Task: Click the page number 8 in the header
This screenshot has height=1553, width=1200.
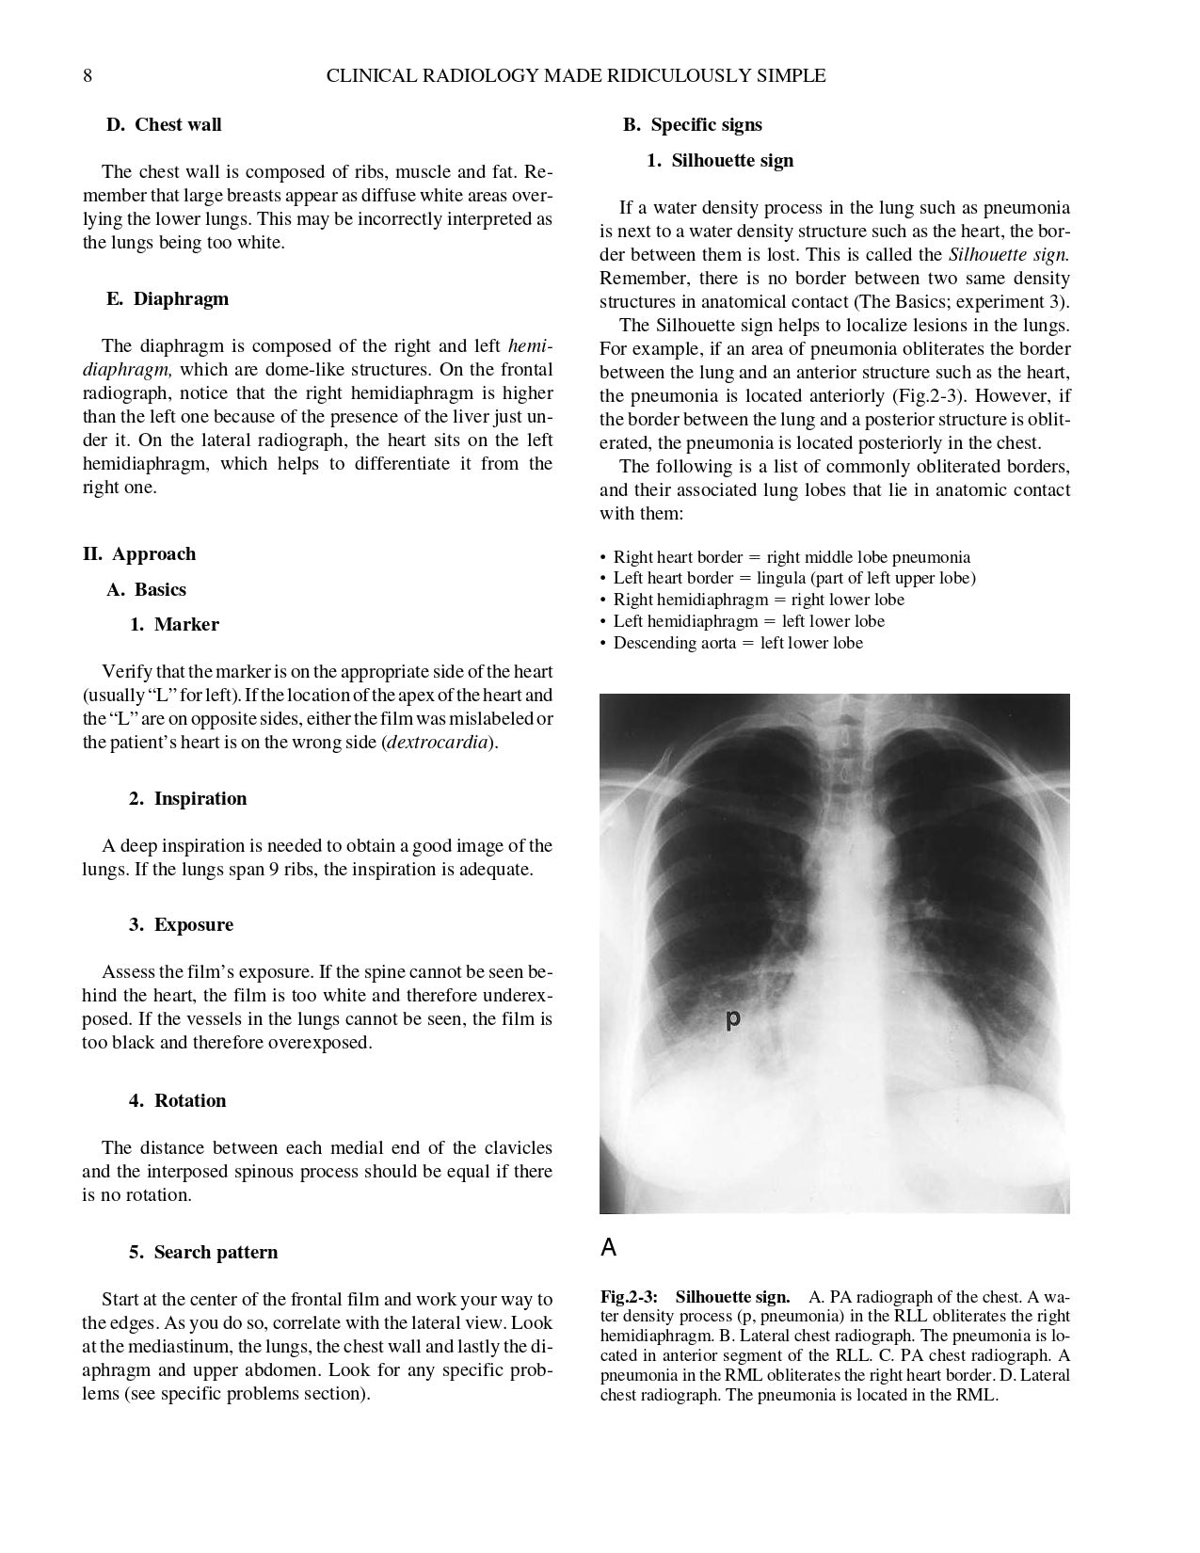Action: [x=88, y=76]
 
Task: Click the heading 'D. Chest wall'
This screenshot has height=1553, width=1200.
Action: [x=164, y=125]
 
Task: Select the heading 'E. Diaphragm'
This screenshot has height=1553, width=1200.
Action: [x=167, y=299]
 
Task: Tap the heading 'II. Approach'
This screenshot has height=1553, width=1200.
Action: [x=139, y=554]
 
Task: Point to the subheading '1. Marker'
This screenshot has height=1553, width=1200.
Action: [x=174, y=625]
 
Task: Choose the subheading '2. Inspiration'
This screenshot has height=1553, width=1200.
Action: [x=187, y=799]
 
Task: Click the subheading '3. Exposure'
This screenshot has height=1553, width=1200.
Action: [x=181, y=925]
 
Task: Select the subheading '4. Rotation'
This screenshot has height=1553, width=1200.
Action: [x=177, y=1101]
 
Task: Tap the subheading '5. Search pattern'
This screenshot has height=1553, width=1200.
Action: [x=203, y=1253]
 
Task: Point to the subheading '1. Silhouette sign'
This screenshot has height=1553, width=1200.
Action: [x=720, y=161]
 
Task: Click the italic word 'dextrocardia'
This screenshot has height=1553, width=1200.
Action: [x=437, y=743]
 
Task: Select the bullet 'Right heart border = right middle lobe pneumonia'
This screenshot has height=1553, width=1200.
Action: [x=792, y=557]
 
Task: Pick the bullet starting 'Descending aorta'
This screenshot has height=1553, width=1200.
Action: [x=738, y=644]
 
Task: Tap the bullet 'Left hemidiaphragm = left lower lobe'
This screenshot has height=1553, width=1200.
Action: [x=748, y=622]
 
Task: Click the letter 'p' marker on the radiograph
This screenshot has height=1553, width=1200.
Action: [x=733, y=1018]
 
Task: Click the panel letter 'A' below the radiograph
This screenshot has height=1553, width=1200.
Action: [x=609, y=1248]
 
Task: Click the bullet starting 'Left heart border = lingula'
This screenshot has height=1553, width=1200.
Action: [x=794, y=579]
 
